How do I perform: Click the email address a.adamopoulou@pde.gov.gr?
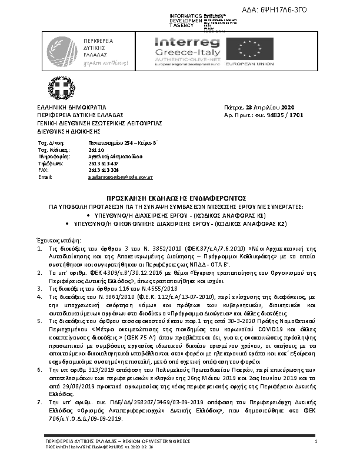coord(121,177)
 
